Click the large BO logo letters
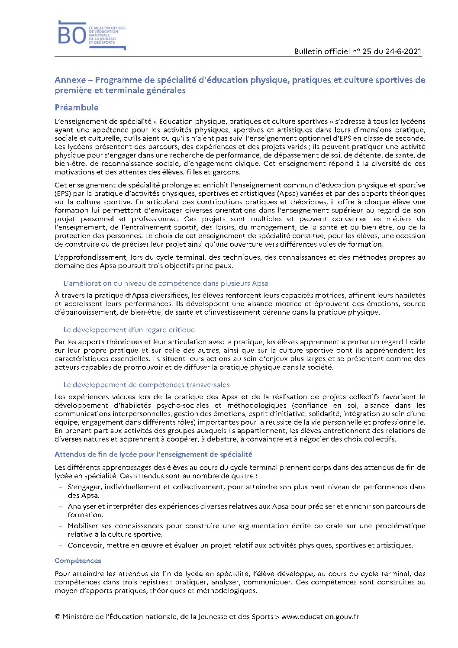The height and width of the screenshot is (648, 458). (x=72, y=35)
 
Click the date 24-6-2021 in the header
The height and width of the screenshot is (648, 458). (x=403, y=52)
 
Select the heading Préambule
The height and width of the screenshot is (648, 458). (x=77, y=107)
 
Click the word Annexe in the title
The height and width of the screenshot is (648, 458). (x=70, y=80)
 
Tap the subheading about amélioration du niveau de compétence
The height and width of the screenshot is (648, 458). (x=166, y=284)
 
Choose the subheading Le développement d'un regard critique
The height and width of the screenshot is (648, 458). (x=129, y=330)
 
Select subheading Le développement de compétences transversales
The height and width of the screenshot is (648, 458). (x=146, y=385)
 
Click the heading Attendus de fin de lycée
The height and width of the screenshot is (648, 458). (x=153, y=455)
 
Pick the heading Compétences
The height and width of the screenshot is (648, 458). (x=78, y=561)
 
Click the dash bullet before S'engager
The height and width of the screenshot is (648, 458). (x=61, y=487)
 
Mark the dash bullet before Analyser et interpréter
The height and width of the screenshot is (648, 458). (x=61, y=506)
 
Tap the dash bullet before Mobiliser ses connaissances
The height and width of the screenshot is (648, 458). (x=61, y=526)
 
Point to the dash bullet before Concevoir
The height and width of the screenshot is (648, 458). (x=61, y=545)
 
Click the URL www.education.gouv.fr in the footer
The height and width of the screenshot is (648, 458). (x=320, y=617)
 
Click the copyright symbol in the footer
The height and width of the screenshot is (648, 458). (x=58, y=617)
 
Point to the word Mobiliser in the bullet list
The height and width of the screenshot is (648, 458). (x=83, y=526)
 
